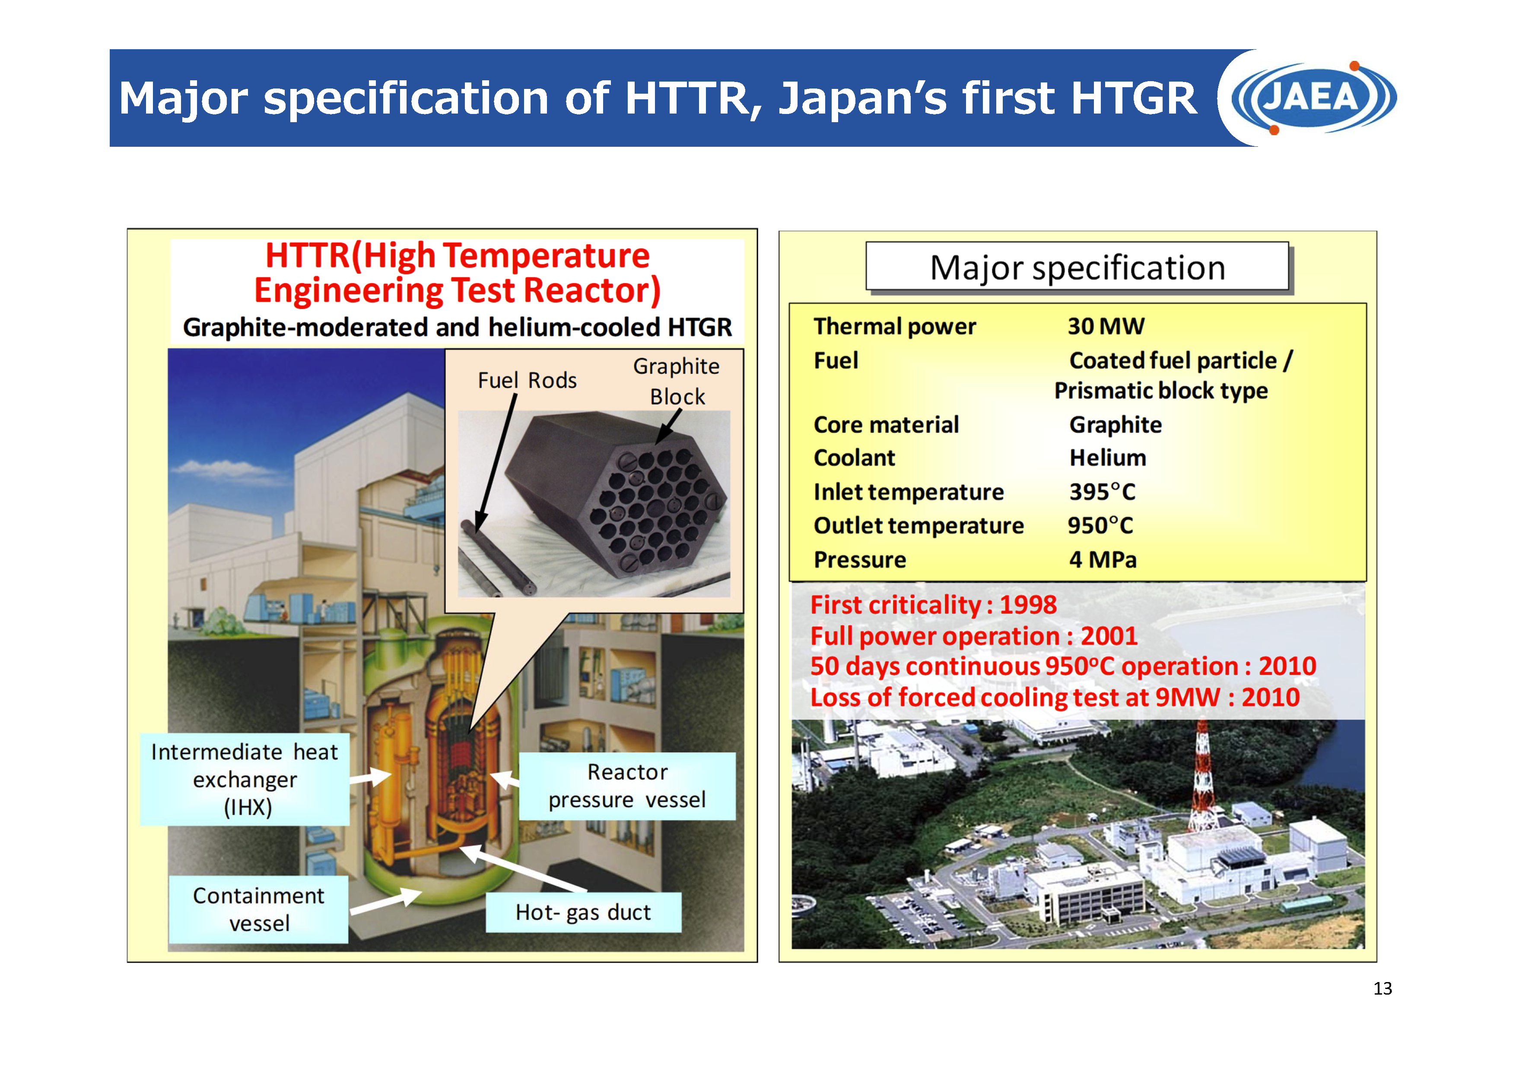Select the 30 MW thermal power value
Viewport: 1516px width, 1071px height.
pyautogui.click(x=1106, y=326)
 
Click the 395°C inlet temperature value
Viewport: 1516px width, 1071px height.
pyautogui.click(x=1102, y=492)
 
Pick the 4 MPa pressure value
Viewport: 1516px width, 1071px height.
pyautogui.click(x=1103, y=559)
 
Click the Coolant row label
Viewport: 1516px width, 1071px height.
pyautogui.click(x=855, y=458)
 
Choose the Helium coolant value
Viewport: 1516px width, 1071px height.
pyautogui.click(x=1107, y=458)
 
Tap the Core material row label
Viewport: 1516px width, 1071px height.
pyautogui.click(x=886, y=425)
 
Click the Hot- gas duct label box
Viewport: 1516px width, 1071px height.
pyautogui.click(x=583, y=912)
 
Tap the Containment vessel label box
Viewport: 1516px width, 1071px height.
pyautogui.click(x=259, y=909)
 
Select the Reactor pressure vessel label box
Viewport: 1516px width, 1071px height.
pyautogui.click(x=627, y=786)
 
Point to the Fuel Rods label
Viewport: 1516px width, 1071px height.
pyautogui.click(x=527, y=380)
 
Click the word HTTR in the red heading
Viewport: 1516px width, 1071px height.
pyautogui.click(x=308, y=256)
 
